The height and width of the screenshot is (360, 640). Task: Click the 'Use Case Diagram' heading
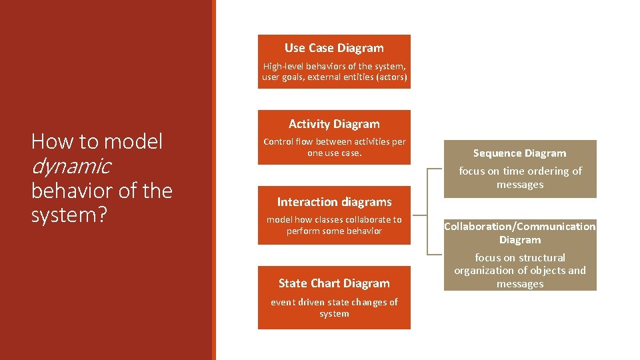point(334,48)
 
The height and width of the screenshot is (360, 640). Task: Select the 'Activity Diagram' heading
point(334,124)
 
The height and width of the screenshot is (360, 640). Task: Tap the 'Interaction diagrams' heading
point(334,202)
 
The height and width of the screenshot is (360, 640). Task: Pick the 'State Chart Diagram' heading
point(334,283)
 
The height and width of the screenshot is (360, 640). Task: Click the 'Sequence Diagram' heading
point(519,153)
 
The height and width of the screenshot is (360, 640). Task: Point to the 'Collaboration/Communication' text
point(519,227)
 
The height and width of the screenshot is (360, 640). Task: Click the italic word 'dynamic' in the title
point(71,166)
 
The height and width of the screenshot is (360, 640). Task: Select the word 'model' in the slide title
point(133,141)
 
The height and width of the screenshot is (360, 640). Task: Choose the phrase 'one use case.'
point(334,153)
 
